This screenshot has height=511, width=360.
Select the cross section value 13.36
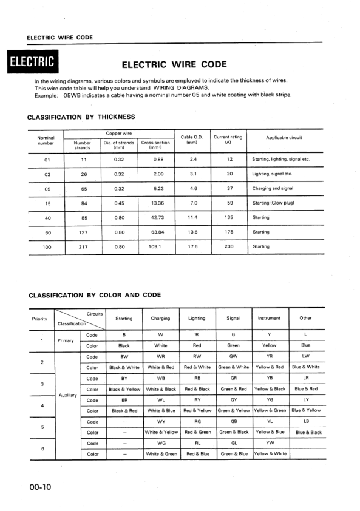(x=157, y=203)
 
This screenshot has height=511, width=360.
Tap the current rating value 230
(x=229, y=246)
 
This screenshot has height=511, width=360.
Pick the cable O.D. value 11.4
(x=193, y=217)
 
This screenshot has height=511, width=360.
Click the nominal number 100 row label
(x=47, y=247)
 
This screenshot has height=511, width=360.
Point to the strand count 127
(x=84, y=232)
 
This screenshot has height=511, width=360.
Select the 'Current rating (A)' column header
(x=228, y=140)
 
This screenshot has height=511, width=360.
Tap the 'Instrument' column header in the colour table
(x=269, y=318)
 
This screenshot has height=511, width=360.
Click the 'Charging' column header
(x=160, y=318)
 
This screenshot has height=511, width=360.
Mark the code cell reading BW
(x=124, y=357)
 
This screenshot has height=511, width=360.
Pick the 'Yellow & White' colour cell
(x=270, y=453)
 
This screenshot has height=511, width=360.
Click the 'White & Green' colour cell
(x=161, y=453)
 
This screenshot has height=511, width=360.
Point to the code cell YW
(x=270, y=443)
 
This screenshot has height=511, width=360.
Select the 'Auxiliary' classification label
(x=66, y=395)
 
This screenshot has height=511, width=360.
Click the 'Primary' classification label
(x=66, y=340)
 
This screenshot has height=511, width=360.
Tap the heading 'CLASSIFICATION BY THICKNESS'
(x=81, y=117)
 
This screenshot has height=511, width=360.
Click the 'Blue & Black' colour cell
(x=308, y=433)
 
